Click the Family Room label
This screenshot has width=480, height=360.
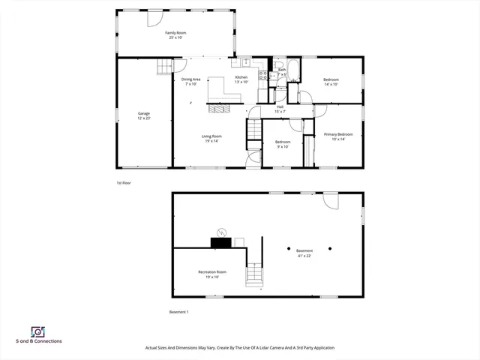click(176, 34)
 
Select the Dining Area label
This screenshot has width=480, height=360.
click(191, 79)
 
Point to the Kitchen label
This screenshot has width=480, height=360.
click(241, 78)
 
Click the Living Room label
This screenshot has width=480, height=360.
click(211, 136)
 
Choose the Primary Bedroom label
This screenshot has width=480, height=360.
click(334, 135)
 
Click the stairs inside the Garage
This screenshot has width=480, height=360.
click(164, 68)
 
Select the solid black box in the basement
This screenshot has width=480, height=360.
click(221, 241)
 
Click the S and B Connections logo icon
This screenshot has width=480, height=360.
click(37, 331)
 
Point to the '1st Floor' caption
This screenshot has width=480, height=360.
click(123, 182)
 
